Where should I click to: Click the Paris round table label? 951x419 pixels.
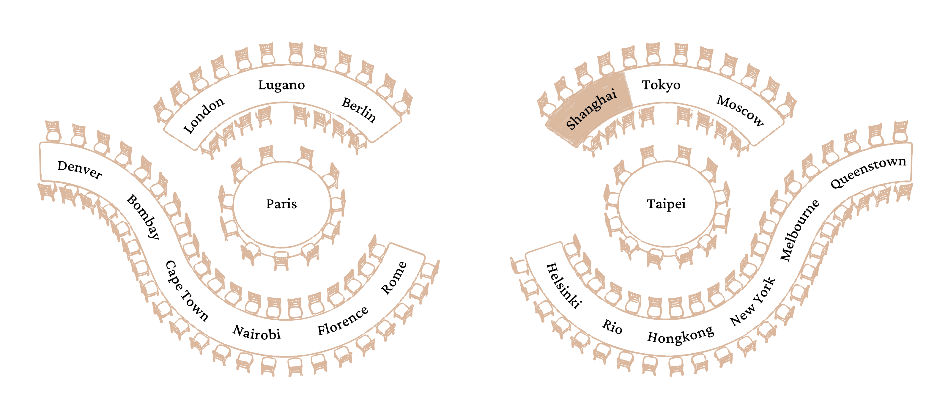tap(281, 204)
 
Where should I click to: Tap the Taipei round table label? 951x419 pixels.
tap(666, 204)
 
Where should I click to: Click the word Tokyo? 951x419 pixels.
tap(661, 85)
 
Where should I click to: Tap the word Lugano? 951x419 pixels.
tap(281, 85)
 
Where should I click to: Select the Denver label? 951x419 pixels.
tap(80, 169)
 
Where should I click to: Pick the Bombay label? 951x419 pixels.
tap(143, 217)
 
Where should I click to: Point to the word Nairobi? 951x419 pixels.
tap(256, 332)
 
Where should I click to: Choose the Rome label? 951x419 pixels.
tap(393, 278)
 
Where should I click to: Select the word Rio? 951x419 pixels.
tap(612, 326)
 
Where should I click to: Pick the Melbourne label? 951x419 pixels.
tap(799, 230)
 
